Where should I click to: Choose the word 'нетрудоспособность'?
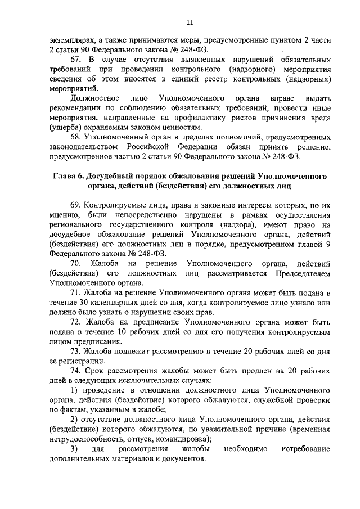pos(87,438)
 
